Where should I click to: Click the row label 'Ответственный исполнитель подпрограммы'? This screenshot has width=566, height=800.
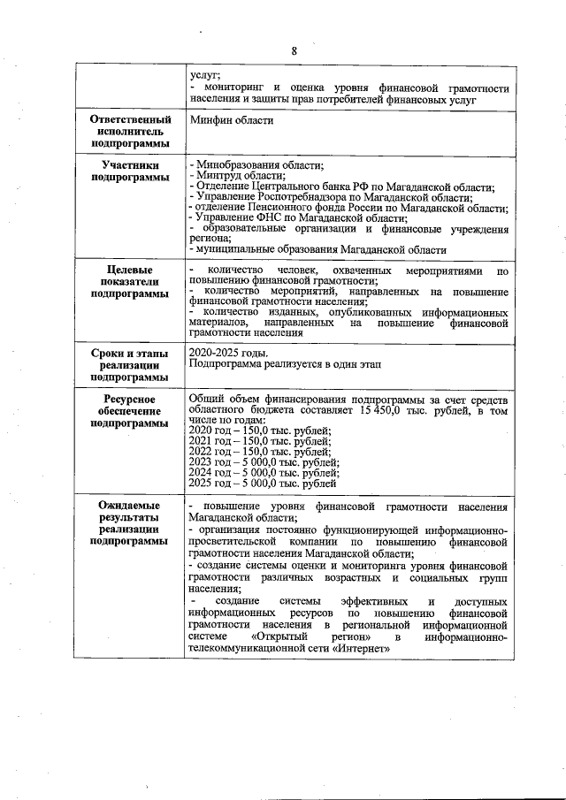129,131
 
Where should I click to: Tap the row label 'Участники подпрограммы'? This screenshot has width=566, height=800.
129,171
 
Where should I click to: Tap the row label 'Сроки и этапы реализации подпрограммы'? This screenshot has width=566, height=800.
129,365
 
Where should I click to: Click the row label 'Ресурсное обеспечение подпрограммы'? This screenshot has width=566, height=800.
129,411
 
